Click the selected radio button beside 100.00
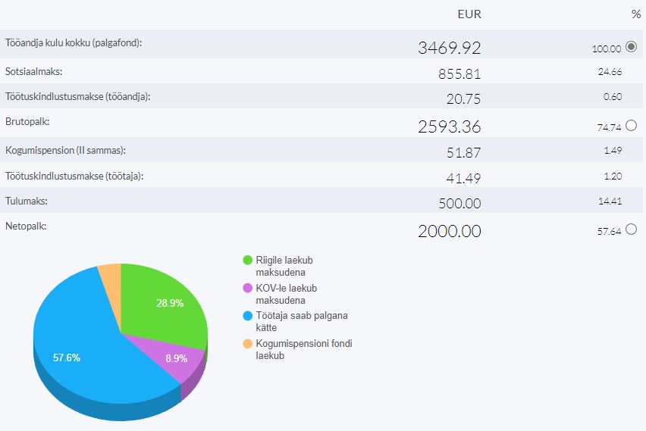(632, 47)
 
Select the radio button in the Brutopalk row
(632, 126)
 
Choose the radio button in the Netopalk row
(632, 230)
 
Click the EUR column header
(469, 14)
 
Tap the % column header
(635, 14)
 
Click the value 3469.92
(449, 48)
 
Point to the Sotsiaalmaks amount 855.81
(459, 74)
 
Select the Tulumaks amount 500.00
(459, 203)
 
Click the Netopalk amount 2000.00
(449, 231)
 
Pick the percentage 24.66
(610, 72)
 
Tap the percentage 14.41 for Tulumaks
(610, 201)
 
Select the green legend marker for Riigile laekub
(247, 261)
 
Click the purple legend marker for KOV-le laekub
(247, 289)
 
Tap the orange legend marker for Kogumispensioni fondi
(247, 344)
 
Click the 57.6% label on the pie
(67, 358)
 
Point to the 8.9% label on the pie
(176, 358)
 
